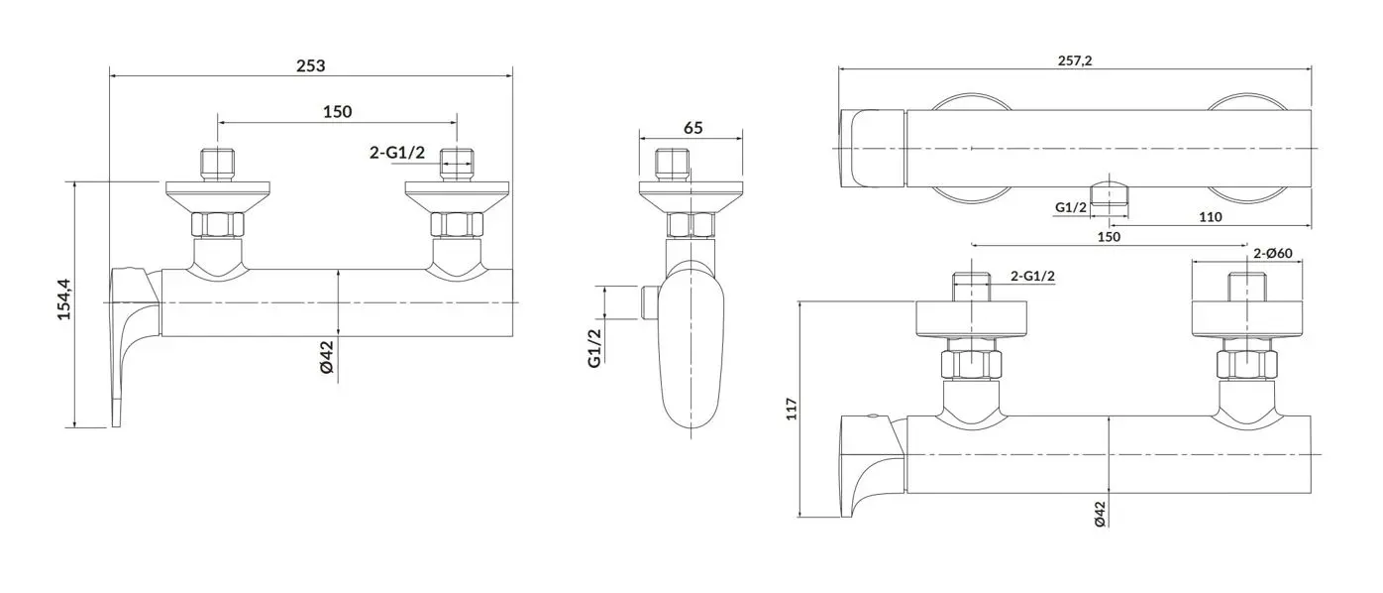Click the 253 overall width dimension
coord(310,65)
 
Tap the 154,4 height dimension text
coord(64,299)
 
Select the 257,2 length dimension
coord(1075,60)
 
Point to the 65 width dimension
coord(693,128)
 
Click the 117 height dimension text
coord(792,409)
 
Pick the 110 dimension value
coord(1211,217)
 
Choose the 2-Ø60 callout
coord(1273,253)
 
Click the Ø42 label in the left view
coord(327,357)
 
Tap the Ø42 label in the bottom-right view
coord(1100,514)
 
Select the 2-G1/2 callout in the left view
coord(397,152)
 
